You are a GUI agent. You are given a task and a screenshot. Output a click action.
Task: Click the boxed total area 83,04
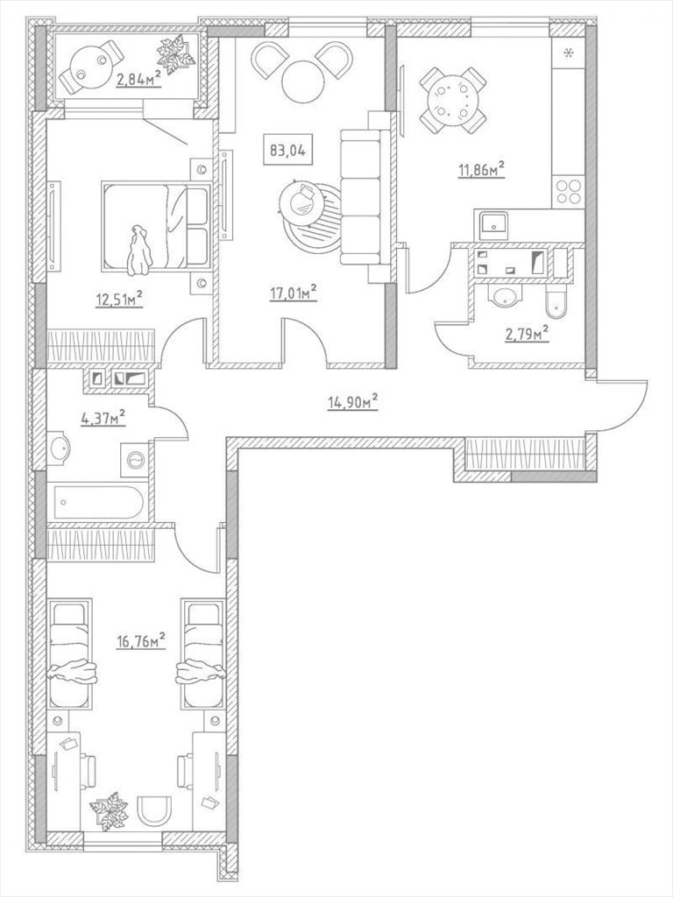pos(287,151)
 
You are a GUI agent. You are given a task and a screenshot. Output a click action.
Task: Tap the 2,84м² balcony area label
pos(138,78)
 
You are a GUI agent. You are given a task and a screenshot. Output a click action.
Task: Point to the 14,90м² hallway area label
pos(352,402)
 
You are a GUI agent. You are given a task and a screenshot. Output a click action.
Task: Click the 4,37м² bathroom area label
pos(103,418)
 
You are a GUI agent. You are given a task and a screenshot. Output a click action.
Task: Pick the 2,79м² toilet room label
pos(527,334)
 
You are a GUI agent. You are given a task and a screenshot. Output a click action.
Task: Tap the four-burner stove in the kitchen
pos(568,191)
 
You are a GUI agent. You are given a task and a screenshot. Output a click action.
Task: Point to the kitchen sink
pos(493,223)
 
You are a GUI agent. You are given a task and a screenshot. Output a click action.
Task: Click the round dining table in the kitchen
pos(453,99)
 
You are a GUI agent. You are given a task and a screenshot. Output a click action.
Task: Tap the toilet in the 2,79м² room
pos(556,304)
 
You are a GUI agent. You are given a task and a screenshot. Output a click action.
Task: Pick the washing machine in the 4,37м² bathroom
pos(134,457)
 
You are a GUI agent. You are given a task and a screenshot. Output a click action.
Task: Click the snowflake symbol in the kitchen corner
pos(568,53)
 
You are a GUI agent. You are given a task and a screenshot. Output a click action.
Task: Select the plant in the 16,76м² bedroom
pos(109,810)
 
